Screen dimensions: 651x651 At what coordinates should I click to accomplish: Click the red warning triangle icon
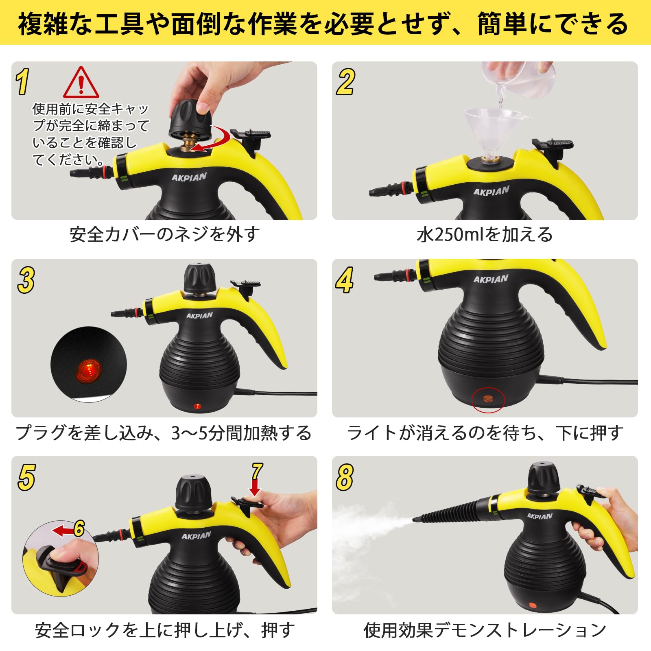coord(81,83)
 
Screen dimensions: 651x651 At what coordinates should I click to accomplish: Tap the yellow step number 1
coord(23,82)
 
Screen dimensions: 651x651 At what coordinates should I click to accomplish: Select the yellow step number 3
coord(26,280)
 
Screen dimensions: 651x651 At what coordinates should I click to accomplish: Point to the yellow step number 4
coord(344,280)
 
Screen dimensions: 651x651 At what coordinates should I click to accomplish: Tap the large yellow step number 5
coord(26,477)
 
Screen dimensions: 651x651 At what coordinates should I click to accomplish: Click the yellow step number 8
coord(345,477)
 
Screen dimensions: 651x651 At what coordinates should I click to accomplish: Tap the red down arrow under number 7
coord(255,487)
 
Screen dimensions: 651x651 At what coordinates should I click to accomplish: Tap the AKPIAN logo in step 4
coord(491,279)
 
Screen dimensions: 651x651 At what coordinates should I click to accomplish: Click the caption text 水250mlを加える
coord(485,235)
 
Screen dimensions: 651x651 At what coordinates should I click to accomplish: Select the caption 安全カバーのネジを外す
coord(164,235)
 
